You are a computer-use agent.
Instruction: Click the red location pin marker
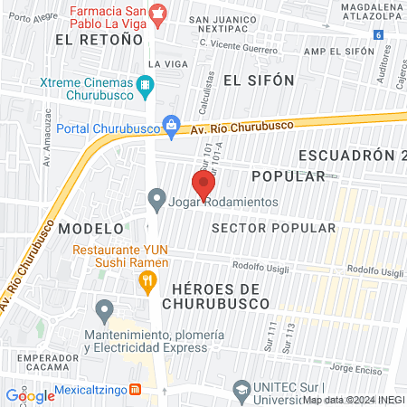coord(203,184)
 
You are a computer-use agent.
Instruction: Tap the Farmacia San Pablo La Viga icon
coord(159,12)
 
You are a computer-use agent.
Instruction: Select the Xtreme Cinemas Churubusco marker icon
coord(145,87)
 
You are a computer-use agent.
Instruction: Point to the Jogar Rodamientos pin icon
coord(156,198)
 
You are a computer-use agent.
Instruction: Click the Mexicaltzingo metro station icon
coord(136,389)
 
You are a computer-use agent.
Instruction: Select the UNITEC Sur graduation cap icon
coord(241,390)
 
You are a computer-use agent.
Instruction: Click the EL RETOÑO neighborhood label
coord(99,40)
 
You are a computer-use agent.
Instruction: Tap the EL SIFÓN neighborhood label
coord(259,80)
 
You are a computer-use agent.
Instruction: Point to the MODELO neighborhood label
coord(90,229)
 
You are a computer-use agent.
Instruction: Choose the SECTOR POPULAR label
coord(272,228)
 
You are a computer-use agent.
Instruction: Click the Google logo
coord(30,395)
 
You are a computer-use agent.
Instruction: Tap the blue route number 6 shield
coord(377,34)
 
